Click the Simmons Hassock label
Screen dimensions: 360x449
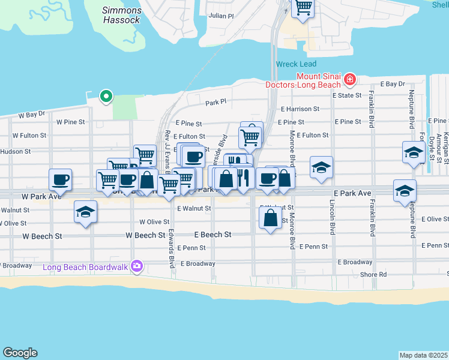[122, 15]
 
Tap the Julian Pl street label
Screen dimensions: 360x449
[220, 16]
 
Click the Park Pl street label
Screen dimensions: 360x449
[215, 102]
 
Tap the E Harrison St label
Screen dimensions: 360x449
[300, 109]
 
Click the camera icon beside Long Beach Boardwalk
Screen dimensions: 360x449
[137, 266]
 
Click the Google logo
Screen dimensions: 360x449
[20, 353]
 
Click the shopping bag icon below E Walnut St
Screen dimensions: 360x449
[270, 218]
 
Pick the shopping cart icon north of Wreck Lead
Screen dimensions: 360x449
[303, 8]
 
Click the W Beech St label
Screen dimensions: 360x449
[145, 235]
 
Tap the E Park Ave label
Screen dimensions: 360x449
[352, 193]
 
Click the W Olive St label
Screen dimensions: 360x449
[151, 221]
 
